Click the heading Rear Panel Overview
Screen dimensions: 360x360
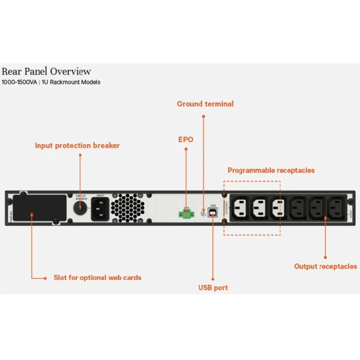pyautogui.click(x=46, y=72)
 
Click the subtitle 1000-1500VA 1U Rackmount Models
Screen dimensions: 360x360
pyautogui.click(x=51, y=82)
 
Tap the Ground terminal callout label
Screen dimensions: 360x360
pyautogui.click(x=205, y=104)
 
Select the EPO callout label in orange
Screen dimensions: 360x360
pyautogui.click(x=186, y=139)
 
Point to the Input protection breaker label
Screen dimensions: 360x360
pyautogui.click(x=77, y=146)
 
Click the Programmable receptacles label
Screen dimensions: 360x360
pyautogui.click(x=271, y=171)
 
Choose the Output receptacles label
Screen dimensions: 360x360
pyautogui.click(x=325, y=266)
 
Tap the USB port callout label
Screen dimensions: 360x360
pyautogui.click(x=213, y=288)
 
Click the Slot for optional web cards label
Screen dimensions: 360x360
pyautogui.click(x=97, y=278)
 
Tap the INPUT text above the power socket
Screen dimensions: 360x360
pyautogui.click(x=100, y=196)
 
